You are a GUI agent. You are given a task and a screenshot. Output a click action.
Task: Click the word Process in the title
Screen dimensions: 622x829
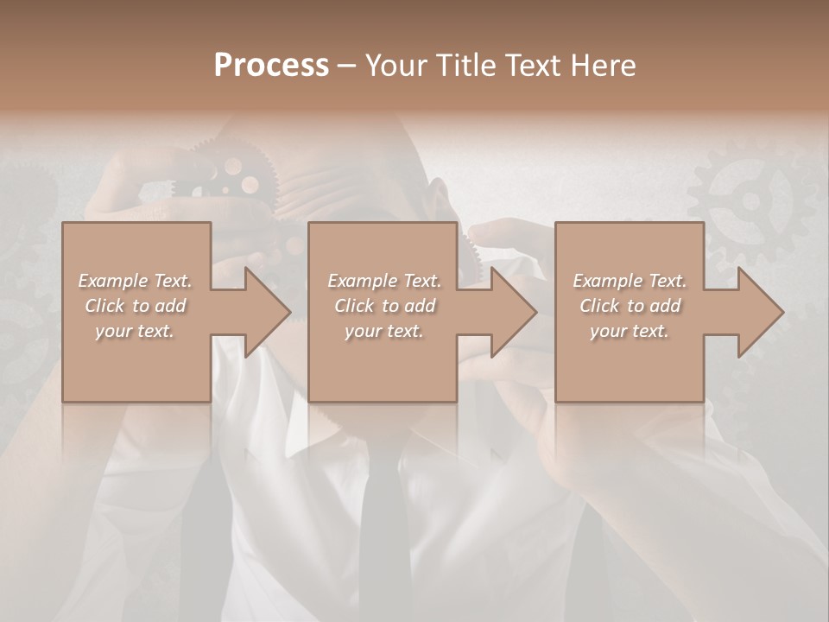pyautogui.click(x=271, y=66)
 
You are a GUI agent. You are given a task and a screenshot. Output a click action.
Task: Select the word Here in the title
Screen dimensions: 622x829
pyautogui.click(x=603, y=66)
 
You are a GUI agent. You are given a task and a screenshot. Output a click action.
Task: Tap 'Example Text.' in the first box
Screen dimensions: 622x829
pyautogui.click(x=135, y=281)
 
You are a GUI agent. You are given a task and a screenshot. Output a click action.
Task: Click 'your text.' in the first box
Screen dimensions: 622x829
pyautogui.click(x=135, y=331)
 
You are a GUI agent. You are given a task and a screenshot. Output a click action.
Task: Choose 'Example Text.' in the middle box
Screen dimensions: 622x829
pyautogui.click(x=383, y=281)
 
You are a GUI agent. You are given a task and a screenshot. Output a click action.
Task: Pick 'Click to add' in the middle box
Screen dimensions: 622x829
pyautogui.click(x=383, y=306)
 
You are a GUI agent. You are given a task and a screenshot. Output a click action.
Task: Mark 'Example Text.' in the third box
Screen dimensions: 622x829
pyautogui.click(x=630, y=281)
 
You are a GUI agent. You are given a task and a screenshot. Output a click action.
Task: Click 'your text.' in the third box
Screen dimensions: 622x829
pyautogui.click(x=630, y=331)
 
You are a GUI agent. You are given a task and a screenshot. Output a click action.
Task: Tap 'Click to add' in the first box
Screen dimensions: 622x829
pyautogui.click(x=135, y=306)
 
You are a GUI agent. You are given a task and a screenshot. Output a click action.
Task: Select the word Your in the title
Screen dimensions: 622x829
pyautogui.click(x=396, y=66)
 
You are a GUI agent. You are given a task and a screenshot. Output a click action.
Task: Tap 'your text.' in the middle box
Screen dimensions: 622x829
pyautogui.click(x=383, y=331)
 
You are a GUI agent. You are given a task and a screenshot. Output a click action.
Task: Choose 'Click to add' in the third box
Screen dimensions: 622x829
pyautogui.click(x=630, y=306)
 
